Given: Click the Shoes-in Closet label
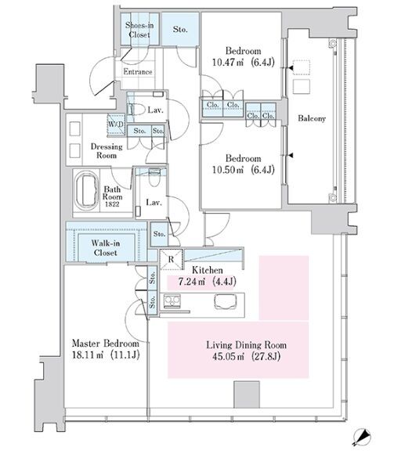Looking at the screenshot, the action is (139, 30).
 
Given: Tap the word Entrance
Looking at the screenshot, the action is (138, 72).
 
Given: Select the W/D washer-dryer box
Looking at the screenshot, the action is (116, 124).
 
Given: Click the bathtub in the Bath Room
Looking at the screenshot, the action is (87, 192).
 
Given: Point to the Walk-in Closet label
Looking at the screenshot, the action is (105, 248).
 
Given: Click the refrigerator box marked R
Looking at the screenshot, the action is (171, 259).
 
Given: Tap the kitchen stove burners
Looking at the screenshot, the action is (172, 301).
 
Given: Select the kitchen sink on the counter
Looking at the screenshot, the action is (226, 301).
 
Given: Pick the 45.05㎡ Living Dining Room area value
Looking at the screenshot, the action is (228, 356).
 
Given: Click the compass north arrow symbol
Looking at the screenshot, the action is (362, 438).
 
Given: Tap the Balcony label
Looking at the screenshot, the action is (312, 118).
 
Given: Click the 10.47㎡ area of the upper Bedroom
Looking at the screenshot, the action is (228, 63).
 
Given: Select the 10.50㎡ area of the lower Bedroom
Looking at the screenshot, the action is (228, 170).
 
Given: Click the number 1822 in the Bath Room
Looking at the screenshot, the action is (112, 204).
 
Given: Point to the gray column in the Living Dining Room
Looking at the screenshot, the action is (247, 394).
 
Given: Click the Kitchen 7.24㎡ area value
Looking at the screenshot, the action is (192, 282).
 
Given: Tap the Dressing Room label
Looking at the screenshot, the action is (107, 151).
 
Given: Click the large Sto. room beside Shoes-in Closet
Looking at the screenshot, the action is (180, 30).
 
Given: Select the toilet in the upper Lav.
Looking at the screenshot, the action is (137, 110).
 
